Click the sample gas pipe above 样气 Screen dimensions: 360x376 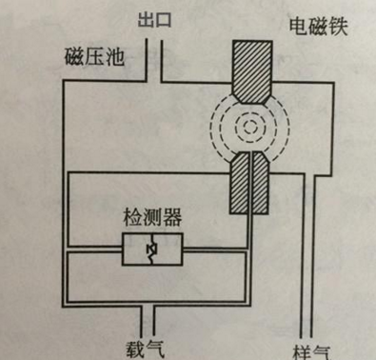309,305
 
